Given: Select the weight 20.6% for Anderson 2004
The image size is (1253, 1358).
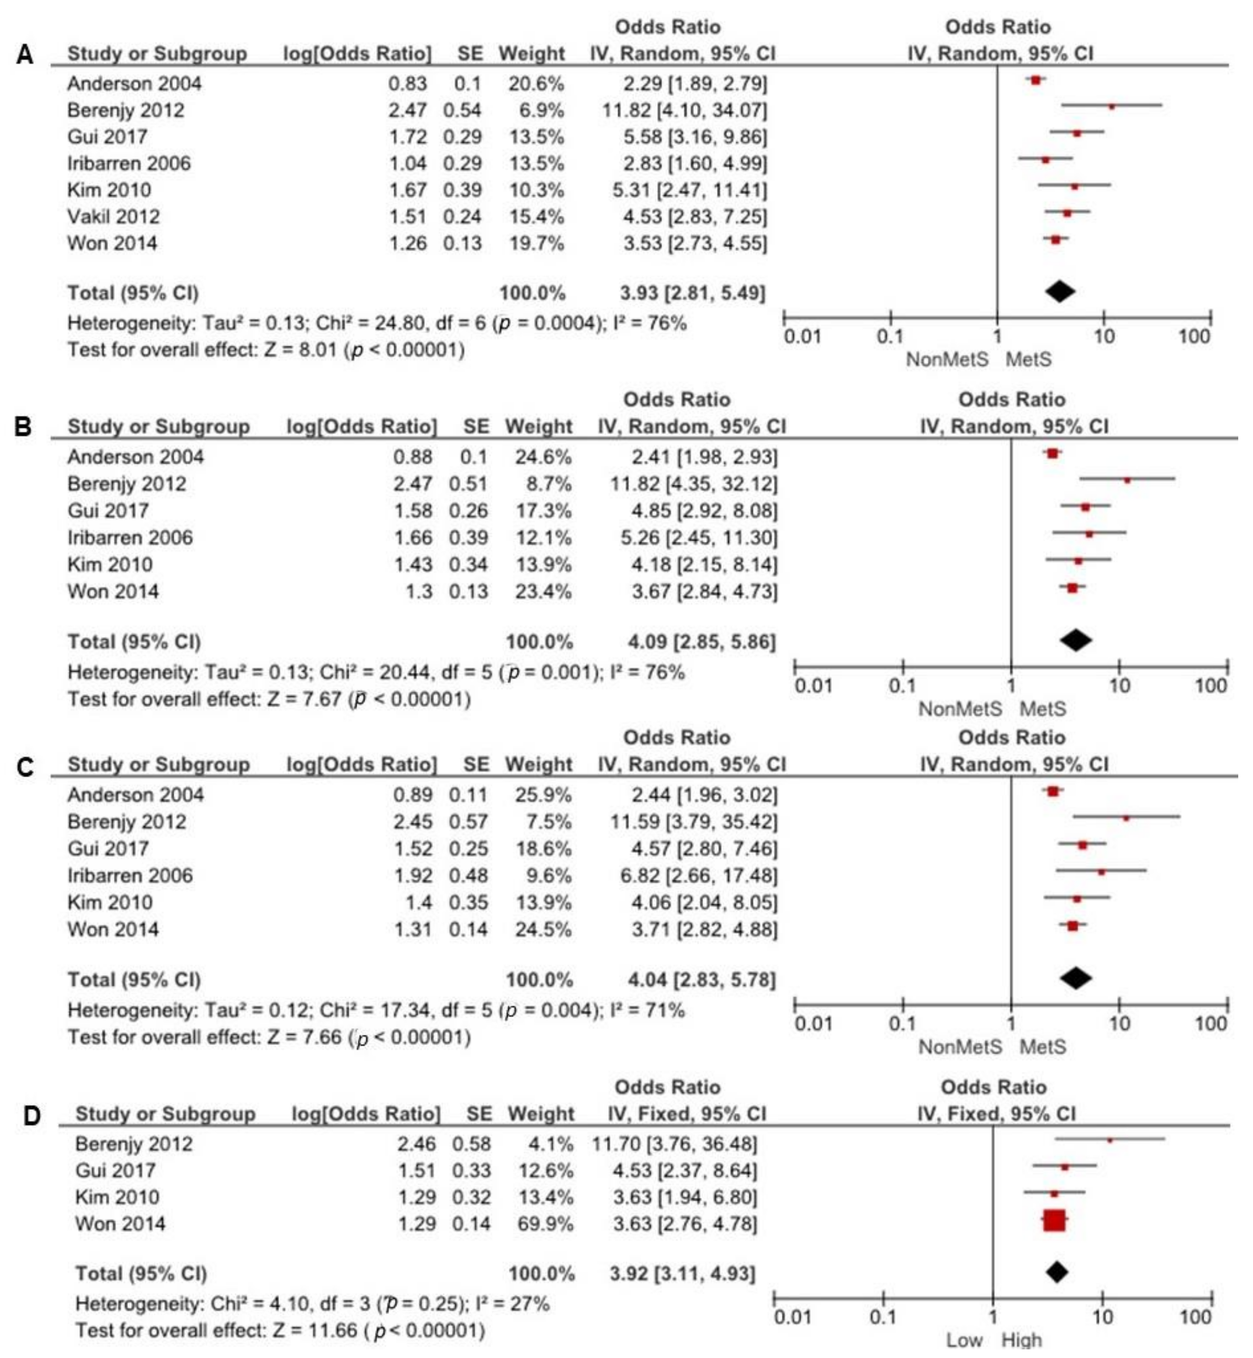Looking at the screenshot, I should (x=536, y=83).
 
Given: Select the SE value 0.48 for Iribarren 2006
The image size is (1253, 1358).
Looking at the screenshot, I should (x=468, y=875).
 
